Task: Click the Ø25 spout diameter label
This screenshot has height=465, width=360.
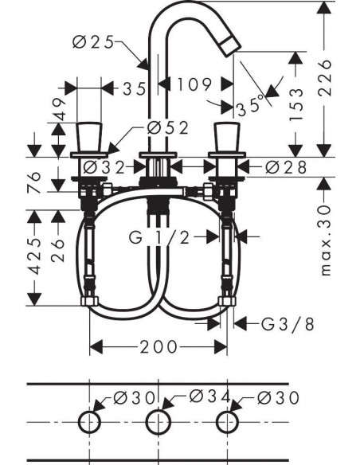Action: [93, 42]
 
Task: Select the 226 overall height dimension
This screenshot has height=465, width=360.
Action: [324, 78]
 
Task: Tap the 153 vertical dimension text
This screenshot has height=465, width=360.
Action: [296, 104]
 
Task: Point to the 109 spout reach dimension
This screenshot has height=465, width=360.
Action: [194, 84]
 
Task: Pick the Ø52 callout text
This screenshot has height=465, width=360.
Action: [168, 128]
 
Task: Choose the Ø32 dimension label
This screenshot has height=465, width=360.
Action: [104, 167]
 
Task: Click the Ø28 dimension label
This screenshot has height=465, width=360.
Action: [286, 167]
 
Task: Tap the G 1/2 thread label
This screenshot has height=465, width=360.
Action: [159, 237]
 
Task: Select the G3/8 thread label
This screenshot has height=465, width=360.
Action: [288, 324]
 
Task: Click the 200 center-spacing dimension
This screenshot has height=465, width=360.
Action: [158, 346]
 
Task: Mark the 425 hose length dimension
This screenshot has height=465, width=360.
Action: [34, 256]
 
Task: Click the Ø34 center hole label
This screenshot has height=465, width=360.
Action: [210, 397]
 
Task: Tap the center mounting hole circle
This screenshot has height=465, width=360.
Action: [158, 422]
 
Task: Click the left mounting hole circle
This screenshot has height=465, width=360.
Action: [89, 422]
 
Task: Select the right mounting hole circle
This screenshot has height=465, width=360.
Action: [228, 422]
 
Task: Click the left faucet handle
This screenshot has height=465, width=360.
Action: [88, 137]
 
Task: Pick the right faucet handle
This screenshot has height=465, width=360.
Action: [227, 137]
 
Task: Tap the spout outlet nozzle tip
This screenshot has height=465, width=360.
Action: [230, 46]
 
